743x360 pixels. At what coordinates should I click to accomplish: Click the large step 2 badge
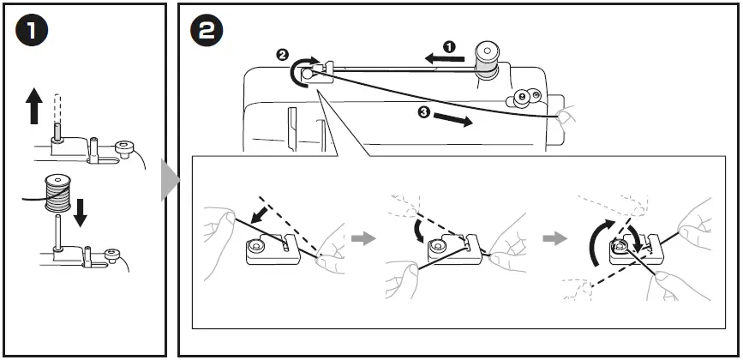(x=207, y=32)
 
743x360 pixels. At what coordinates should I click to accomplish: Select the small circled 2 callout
(x=283, y=55)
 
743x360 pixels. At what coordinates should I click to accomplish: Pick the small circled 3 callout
(x=424, y=112)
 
